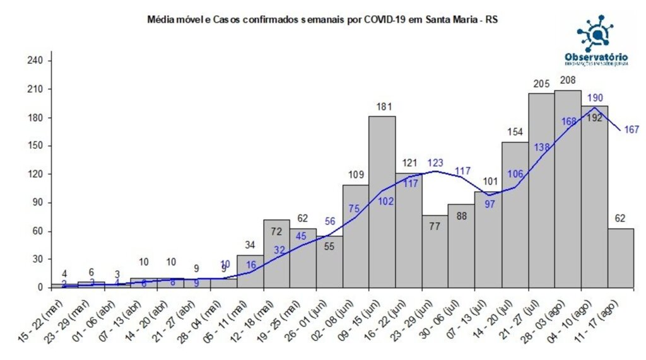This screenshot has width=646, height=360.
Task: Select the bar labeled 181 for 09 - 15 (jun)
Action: pos(382,202)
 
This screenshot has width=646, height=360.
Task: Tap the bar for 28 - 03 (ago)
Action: pos(568,189)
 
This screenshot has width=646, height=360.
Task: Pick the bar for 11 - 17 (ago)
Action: pos(621,258)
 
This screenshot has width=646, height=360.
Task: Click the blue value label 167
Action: pos(631,130)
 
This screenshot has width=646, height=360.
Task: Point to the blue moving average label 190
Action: pos(594,98)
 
